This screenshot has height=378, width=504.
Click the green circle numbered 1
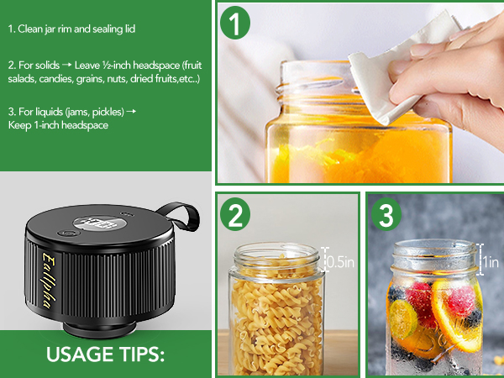[237, 24]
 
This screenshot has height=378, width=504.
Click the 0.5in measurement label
[340, 261]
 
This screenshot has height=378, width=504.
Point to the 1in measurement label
[492, 262]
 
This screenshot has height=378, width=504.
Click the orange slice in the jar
[458, 323]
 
